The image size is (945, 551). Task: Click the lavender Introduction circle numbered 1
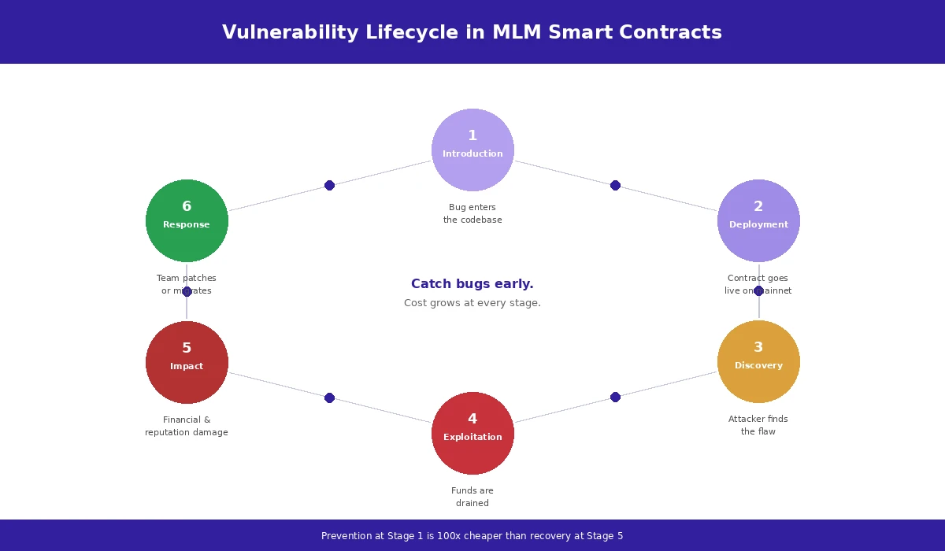tap(472, 150)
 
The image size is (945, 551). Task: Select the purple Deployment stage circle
tap(758, 220)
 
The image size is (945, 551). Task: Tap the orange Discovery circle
tap(758, 361)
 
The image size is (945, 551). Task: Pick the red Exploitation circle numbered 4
tap(472, 433)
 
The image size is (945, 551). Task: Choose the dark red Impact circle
tap(187, 362)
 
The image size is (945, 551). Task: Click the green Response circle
tap(187, 220)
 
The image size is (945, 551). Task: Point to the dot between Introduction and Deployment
tap(615, 185)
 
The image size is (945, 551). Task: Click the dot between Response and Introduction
tap(329, 185)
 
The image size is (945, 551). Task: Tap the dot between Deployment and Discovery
tap(758, 290)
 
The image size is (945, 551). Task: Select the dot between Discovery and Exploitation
tap(615, 397)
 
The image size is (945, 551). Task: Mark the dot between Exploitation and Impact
tap(329, 398)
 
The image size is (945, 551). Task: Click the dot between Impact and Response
tap(187, 291)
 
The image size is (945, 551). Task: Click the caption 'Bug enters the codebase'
tap(472, 213)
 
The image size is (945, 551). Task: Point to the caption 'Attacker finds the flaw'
tap(758, 425)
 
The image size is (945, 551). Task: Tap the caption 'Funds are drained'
tap(472, 497)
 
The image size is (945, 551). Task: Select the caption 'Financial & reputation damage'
tap(187, 426)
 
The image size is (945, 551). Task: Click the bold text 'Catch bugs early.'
tap(472, 284)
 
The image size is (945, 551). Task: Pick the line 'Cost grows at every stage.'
tap(472, 303)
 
